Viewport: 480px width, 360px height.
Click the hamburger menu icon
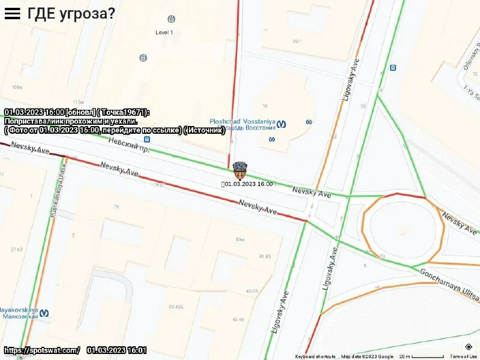point(13,13)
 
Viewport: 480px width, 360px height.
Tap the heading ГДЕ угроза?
point(71,13)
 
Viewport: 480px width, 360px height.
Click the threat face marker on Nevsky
point(239,170)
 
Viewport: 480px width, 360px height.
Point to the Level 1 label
point(164,32)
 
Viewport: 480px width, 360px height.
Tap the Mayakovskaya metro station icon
point(44,313)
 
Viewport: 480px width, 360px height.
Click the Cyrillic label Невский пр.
point(128,143)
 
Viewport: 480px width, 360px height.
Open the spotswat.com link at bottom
point(41,350)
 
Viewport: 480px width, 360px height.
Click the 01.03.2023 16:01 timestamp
point(116,350)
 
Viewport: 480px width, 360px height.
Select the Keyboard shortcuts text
point(315,356)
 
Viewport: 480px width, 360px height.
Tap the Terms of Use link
point(464,356)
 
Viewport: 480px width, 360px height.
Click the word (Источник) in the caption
point(205,130)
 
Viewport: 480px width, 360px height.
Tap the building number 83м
point(240,239)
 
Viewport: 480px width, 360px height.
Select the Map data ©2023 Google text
point(368,356)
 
